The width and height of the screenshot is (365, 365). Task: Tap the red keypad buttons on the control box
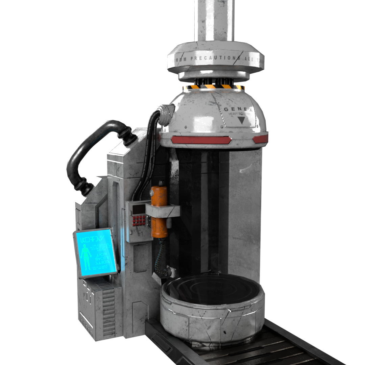click(139, 221)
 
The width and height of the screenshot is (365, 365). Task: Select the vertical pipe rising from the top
click(214, 20)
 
